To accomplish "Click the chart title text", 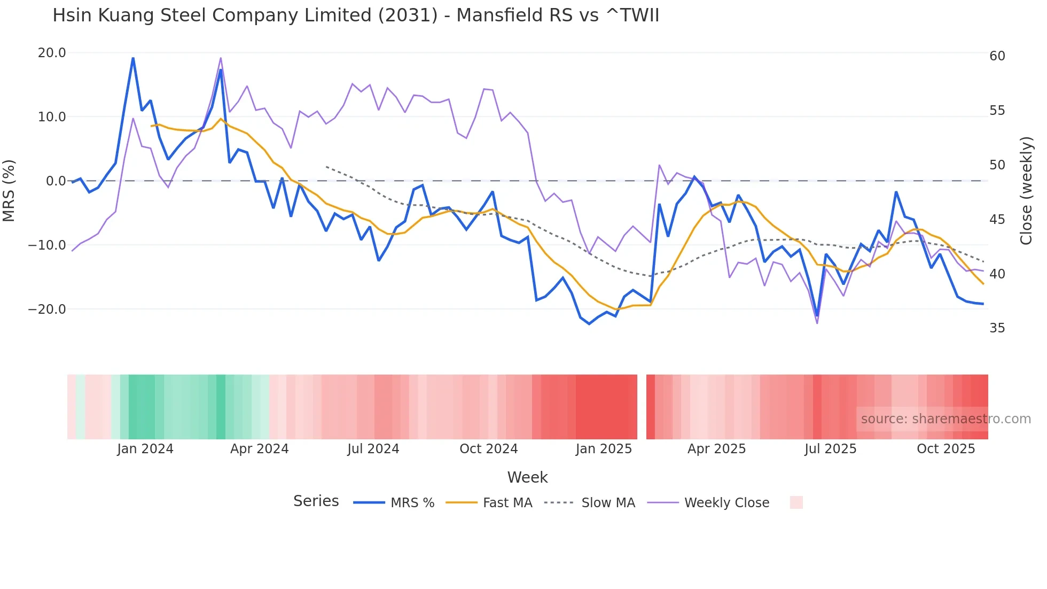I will [x=356, y=15].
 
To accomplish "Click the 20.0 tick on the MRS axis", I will [x=52, y=53].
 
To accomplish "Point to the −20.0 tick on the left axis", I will [x=47, y=309].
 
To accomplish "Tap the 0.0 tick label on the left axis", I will [x=56, y=181].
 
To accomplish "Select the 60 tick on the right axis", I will [x=997, y=56].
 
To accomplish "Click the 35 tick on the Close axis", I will [x=997, y=328].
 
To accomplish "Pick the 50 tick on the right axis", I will [x=997, y=165].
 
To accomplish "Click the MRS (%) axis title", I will [x=9, y=190].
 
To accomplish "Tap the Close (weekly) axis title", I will [x=1026, y=191].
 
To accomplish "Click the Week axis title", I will [x=527, y=477].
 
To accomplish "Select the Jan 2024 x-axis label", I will [x=145, y=449].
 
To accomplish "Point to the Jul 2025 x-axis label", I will [x=830, y=449].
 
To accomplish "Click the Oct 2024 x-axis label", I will [x=488, y=449].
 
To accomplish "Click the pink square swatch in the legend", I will [x=796, y=502].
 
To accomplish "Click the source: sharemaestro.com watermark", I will [x=946, y=419].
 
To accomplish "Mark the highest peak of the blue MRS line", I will [x=133, y=58].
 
